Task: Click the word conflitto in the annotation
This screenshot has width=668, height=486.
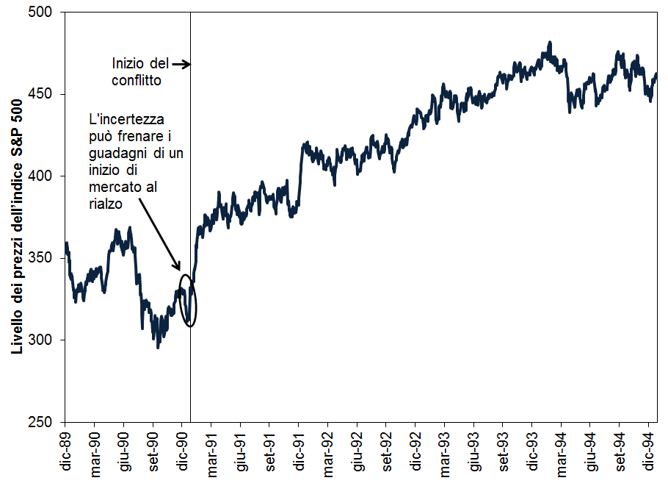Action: (137, 80)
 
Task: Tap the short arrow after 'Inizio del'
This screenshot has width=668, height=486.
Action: (181, 64)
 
